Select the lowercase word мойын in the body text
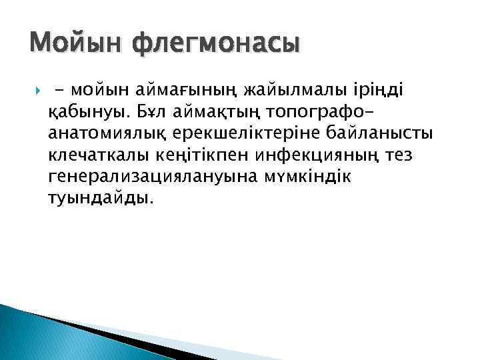99,87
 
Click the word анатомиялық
110,133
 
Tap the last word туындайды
101,199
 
